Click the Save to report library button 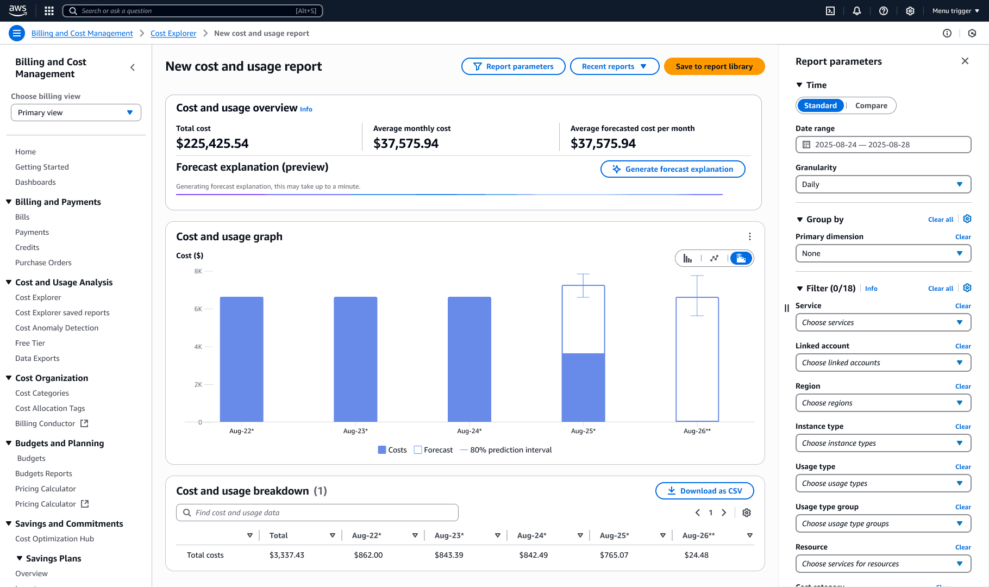pyautogui.click(x=714, y=66)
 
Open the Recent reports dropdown pyautogui.click(x=614, y=66)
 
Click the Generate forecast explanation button pyautogui.click(x=673, y=169)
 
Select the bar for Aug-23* pyautogui.click(x=355, y=359)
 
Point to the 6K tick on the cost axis pyautogui.click(x=198, y=309)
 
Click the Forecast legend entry pyautogui.click(x=433, y=450)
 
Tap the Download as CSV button pyautogui.click(x=704, y=491)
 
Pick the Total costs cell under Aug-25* pyautogui.click(x=614, y=555)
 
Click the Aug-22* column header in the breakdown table pyautogui.click(x=367, y=535)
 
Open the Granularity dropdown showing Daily pyautogui.click(x=883, y=184)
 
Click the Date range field pyautogui.click(x=883, y=145)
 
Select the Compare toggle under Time pyautogui.click(x=871, y=105)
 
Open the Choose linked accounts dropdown pyautogui.click(x=883, y=363)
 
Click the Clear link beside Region pyautogui.click(x=963, y=386)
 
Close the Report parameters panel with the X pyautogui.click(x=965, y=61)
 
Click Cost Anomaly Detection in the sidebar pyautogui.click(x=57, y=328)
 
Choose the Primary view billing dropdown pyautogui.click(x=76, y=113)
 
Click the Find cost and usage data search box pyautogui.click(x=317, y=513)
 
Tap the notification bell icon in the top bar pyautogui.click(x=857, y=11)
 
